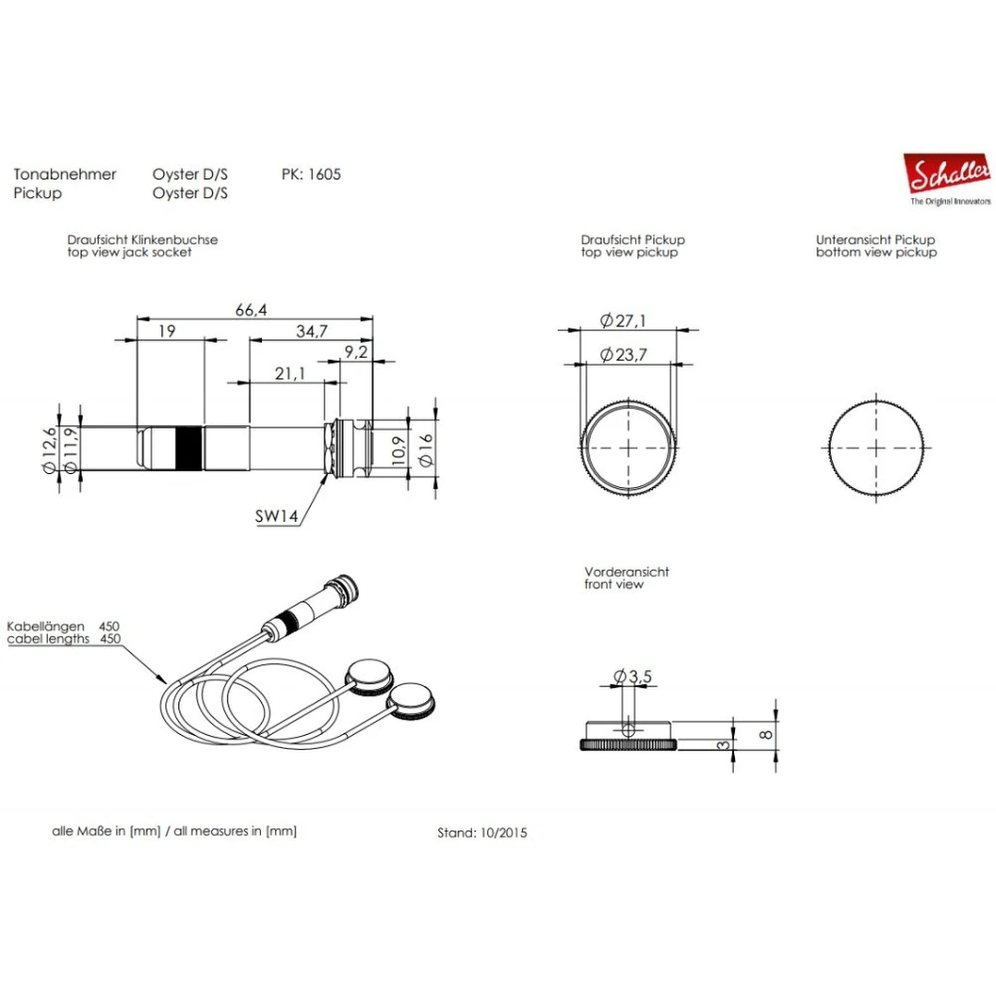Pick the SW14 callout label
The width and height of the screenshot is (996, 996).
click(277, 517)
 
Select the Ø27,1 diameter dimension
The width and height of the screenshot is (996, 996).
click(623, 321)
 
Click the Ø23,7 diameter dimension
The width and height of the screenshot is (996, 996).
click(623, 355)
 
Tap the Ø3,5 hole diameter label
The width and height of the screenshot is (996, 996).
click(632, 676)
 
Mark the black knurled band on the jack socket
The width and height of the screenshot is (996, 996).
click(188, 448)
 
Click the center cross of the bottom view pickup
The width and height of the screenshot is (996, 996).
click(875, 446)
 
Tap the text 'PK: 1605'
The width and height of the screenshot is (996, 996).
click(311, 174)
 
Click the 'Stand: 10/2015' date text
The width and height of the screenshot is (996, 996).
click(482, 832)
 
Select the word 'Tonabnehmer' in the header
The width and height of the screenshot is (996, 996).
click(65, 174)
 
